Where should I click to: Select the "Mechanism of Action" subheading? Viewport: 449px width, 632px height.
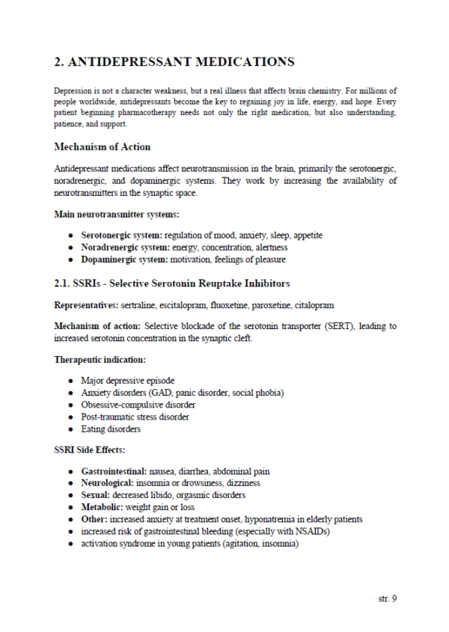point(102,147)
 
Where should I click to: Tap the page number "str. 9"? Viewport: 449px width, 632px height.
point(384,599)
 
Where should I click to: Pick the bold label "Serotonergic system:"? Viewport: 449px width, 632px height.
point(121,235)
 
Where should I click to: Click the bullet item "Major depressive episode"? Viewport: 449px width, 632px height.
point(129,381)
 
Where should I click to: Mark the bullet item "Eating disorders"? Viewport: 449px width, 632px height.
point(111,429)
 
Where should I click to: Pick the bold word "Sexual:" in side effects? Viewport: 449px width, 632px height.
point(99,495)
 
